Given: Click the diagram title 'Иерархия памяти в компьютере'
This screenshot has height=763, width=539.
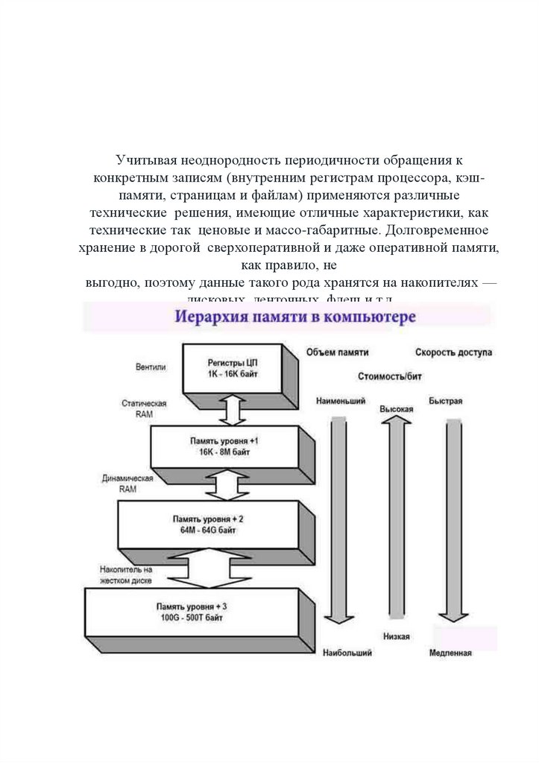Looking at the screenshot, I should (295, 317).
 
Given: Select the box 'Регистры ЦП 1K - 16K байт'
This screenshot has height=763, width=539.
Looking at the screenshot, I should (233, 367).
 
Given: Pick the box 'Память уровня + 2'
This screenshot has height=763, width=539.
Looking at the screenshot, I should (209, 523).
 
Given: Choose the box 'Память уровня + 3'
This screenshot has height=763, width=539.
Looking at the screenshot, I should (191, 612).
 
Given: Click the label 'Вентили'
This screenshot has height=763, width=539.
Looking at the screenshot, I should (151, 367).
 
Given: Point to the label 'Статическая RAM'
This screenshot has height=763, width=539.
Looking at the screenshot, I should (144, 408).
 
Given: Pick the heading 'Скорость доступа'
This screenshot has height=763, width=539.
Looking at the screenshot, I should (453, 352).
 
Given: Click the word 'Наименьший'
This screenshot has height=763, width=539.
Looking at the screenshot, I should (341, 402).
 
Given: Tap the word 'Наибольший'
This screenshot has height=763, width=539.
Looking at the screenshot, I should (347, 653).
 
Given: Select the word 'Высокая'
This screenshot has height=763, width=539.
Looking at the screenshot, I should (397, 409).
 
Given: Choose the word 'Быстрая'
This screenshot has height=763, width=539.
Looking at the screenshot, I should (446, 402).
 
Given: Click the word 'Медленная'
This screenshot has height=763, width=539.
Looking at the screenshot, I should (450, 653).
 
